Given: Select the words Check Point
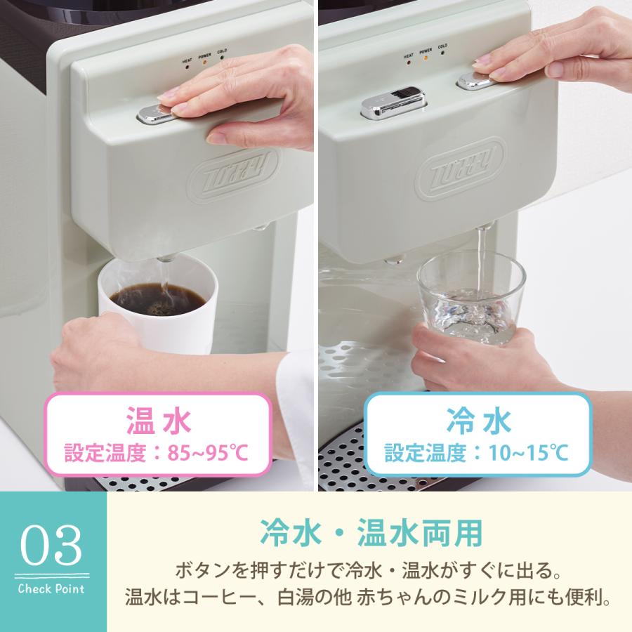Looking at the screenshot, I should click(52, 588).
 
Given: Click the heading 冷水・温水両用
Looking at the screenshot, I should click(371, 532).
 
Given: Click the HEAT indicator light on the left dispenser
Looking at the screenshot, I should click(187, 62).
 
